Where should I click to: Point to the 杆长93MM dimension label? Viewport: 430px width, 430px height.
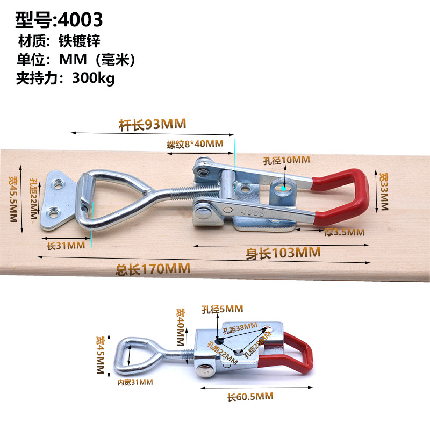(153, 125)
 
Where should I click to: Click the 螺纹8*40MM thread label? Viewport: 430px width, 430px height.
(195, 144)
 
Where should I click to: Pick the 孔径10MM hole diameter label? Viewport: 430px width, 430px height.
(286, 160)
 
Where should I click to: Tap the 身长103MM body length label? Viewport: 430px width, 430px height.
(283, 252)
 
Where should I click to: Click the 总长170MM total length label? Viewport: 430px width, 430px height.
(153, 269)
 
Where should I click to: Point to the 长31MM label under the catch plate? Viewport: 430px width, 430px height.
(67, 245)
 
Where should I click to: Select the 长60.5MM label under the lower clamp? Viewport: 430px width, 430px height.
(250, 397)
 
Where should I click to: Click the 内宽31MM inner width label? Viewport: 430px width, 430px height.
(135, 382)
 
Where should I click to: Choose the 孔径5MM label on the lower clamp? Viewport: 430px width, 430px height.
(222, 309)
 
